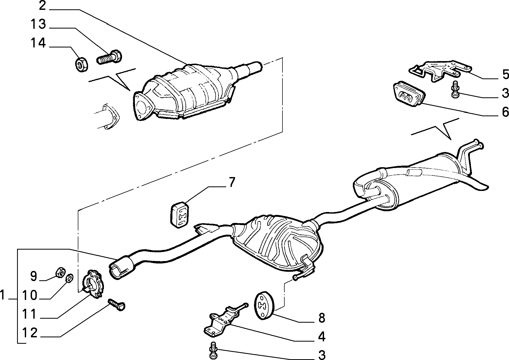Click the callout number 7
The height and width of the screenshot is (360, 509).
point(232,182)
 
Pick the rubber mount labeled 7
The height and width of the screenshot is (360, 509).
point(180,216)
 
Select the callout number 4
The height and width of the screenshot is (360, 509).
point(322,337)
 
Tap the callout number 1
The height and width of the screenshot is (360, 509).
point(3,295)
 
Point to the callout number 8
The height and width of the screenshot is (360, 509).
point(322,318)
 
